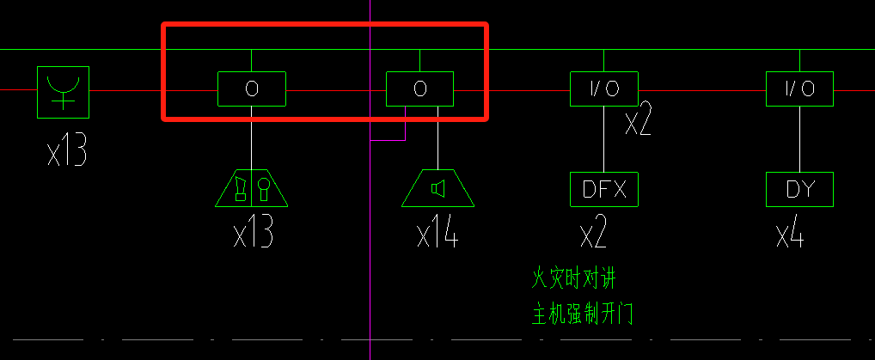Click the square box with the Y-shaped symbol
tap(64, 89)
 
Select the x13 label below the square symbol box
tap(67, 152)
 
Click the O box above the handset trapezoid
tap(251, 88)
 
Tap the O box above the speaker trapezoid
tap(419, 88)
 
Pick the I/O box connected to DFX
tap(604, 88)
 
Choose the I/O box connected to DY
tap(799, 88)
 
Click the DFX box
tap(604, 189)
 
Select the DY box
tap(799, 189)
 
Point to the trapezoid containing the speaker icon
tap(438, 189)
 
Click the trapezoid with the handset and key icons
tap(252, 189)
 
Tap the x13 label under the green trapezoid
tap(254, 233)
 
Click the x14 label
tap(437, 233)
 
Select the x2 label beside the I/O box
tap(638, 123)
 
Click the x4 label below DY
tap(790, 233)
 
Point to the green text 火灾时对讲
tap(574, 278)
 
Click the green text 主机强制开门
tap(583, 314)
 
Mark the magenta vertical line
tap(370, 258)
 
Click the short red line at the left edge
tap(17, 88)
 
